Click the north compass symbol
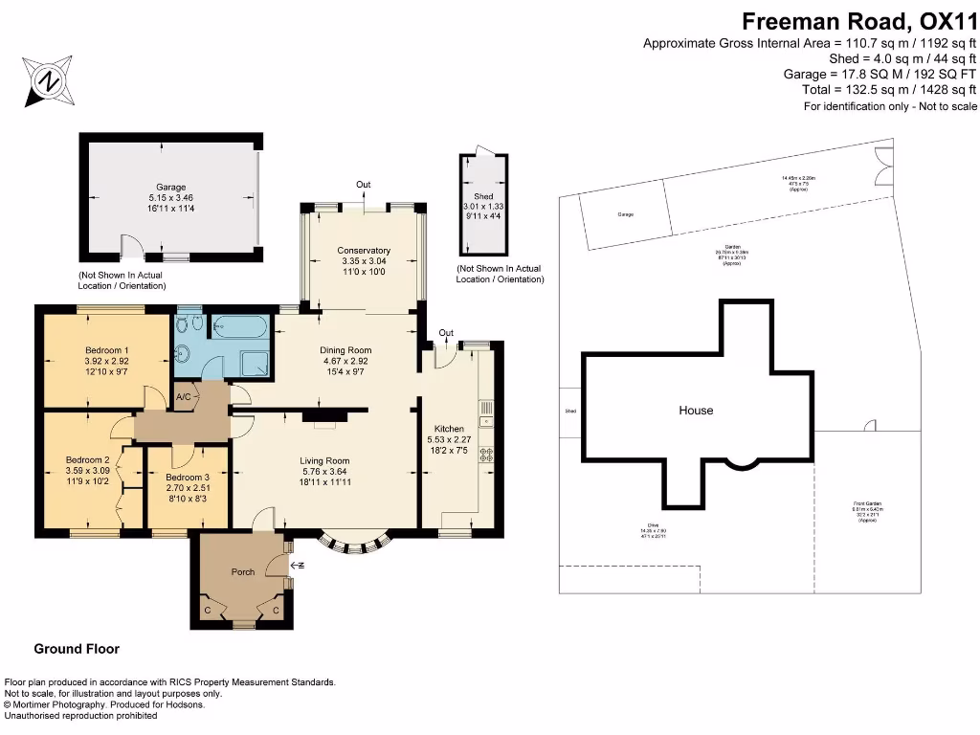pyautogui.click(x=45, y=81)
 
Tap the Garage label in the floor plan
pyautogui.click(x=171, y=187)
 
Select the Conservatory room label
pyautogui.click(x=366, y=251)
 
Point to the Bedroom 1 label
pyautogui.click(x=105, y=350)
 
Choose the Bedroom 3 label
pyautogui.click(x=187, y=478)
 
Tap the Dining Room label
pyautogui.click(x=345, y=350)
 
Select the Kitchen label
pyautogui.click(x=449, y=429)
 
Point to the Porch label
pyautogui.click(x=243, y=572)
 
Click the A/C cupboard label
pyautogui.click(x=183, y=396)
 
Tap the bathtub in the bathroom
pyautogui.click(x=239, y=327)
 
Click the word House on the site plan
pyautogui.click(x=696, y=410)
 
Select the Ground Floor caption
pyautogui.click(x=77, y=649)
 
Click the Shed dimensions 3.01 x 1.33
pyautogui.click(x=483, y=205)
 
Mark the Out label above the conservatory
pyautogui.click(x=364, y=185)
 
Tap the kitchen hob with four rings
pyautogui.click(x=486, y=455)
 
